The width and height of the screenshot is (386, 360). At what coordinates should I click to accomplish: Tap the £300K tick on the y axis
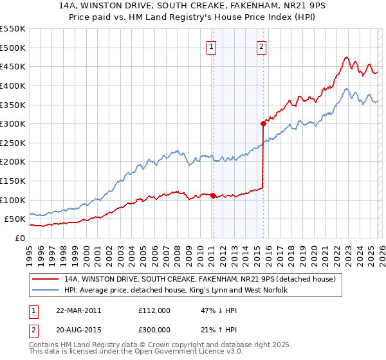(x=13, y=123)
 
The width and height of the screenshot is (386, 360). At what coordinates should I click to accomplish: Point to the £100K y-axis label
(x=13, y=200)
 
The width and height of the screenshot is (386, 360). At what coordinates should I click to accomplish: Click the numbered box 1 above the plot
(x=212, y=46)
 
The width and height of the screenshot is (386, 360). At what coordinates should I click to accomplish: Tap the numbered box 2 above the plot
(x=262, y=46)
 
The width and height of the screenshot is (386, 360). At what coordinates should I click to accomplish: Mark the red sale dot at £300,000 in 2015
(x=263, y=123)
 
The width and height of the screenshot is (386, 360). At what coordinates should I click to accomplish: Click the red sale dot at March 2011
(x=213, y=195)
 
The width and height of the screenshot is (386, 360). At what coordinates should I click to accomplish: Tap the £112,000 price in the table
(x=154, y=310)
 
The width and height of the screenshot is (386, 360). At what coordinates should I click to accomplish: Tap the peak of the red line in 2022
(x=346, y=57)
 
